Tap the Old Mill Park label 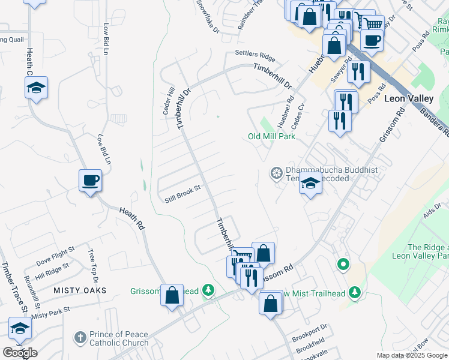[x=271, y=136]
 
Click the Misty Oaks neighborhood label [x=80, y=290]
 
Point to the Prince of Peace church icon [x=80, y=338]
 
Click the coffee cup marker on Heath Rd [x=90, y=181]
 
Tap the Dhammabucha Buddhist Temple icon [x=276, y=173]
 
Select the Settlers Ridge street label [x=255, y=56]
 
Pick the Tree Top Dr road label [x=93, y=266]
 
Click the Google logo [x=20, y=353]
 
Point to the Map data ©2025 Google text [x=412, y=355]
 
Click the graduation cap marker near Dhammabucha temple [x=311, y=183]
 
